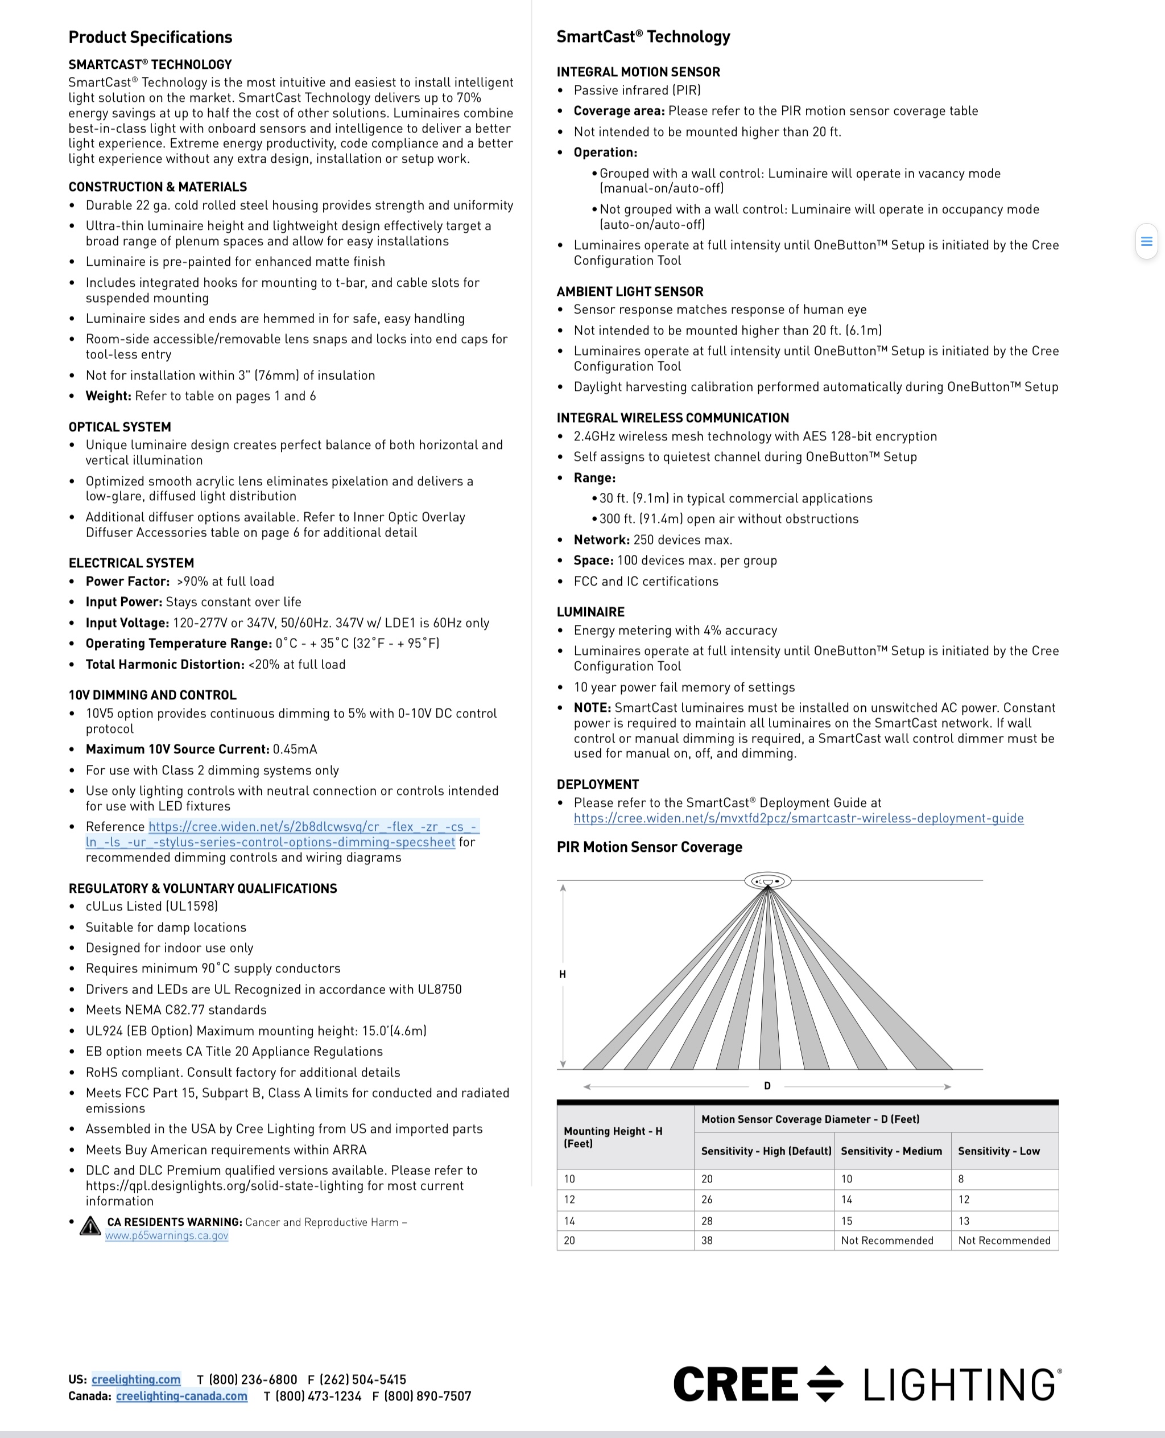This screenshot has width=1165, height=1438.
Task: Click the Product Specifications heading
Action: point(150,37)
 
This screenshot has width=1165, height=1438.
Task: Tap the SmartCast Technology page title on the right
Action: point(643,37)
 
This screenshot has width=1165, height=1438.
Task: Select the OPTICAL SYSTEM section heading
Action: point(119,427)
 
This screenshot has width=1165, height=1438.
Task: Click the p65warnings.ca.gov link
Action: point(167,1235)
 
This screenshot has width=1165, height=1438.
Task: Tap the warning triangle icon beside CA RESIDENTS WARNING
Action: point(90,1226)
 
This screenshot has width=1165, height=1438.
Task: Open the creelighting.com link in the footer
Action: point(135,1379)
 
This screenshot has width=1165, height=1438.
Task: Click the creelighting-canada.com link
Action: point(181,1396)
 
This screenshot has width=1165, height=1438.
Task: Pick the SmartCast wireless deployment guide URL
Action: point(799,818)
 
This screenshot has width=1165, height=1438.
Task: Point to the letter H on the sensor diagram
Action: point(563,974)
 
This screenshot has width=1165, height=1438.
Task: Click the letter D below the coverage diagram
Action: point(767,1086)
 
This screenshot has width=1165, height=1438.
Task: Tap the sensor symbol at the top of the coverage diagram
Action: point(768,880)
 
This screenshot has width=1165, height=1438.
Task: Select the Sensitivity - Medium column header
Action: point(891,1151)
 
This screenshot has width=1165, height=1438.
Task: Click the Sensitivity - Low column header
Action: point(998,1151)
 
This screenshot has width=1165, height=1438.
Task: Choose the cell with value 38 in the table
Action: point(707,1240)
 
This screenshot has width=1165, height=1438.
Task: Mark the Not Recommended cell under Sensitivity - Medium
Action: point(887,1240)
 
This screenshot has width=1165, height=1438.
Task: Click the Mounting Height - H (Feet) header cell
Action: point(613,1136)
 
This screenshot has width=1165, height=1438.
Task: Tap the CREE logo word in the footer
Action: point(736,1385)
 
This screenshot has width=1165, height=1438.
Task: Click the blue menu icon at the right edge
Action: point(1146,241)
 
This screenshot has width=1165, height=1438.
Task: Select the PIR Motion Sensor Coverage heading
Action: point(649,847)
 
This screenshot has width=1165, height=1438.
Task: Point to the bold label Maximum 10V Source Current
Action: point(177,749)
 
